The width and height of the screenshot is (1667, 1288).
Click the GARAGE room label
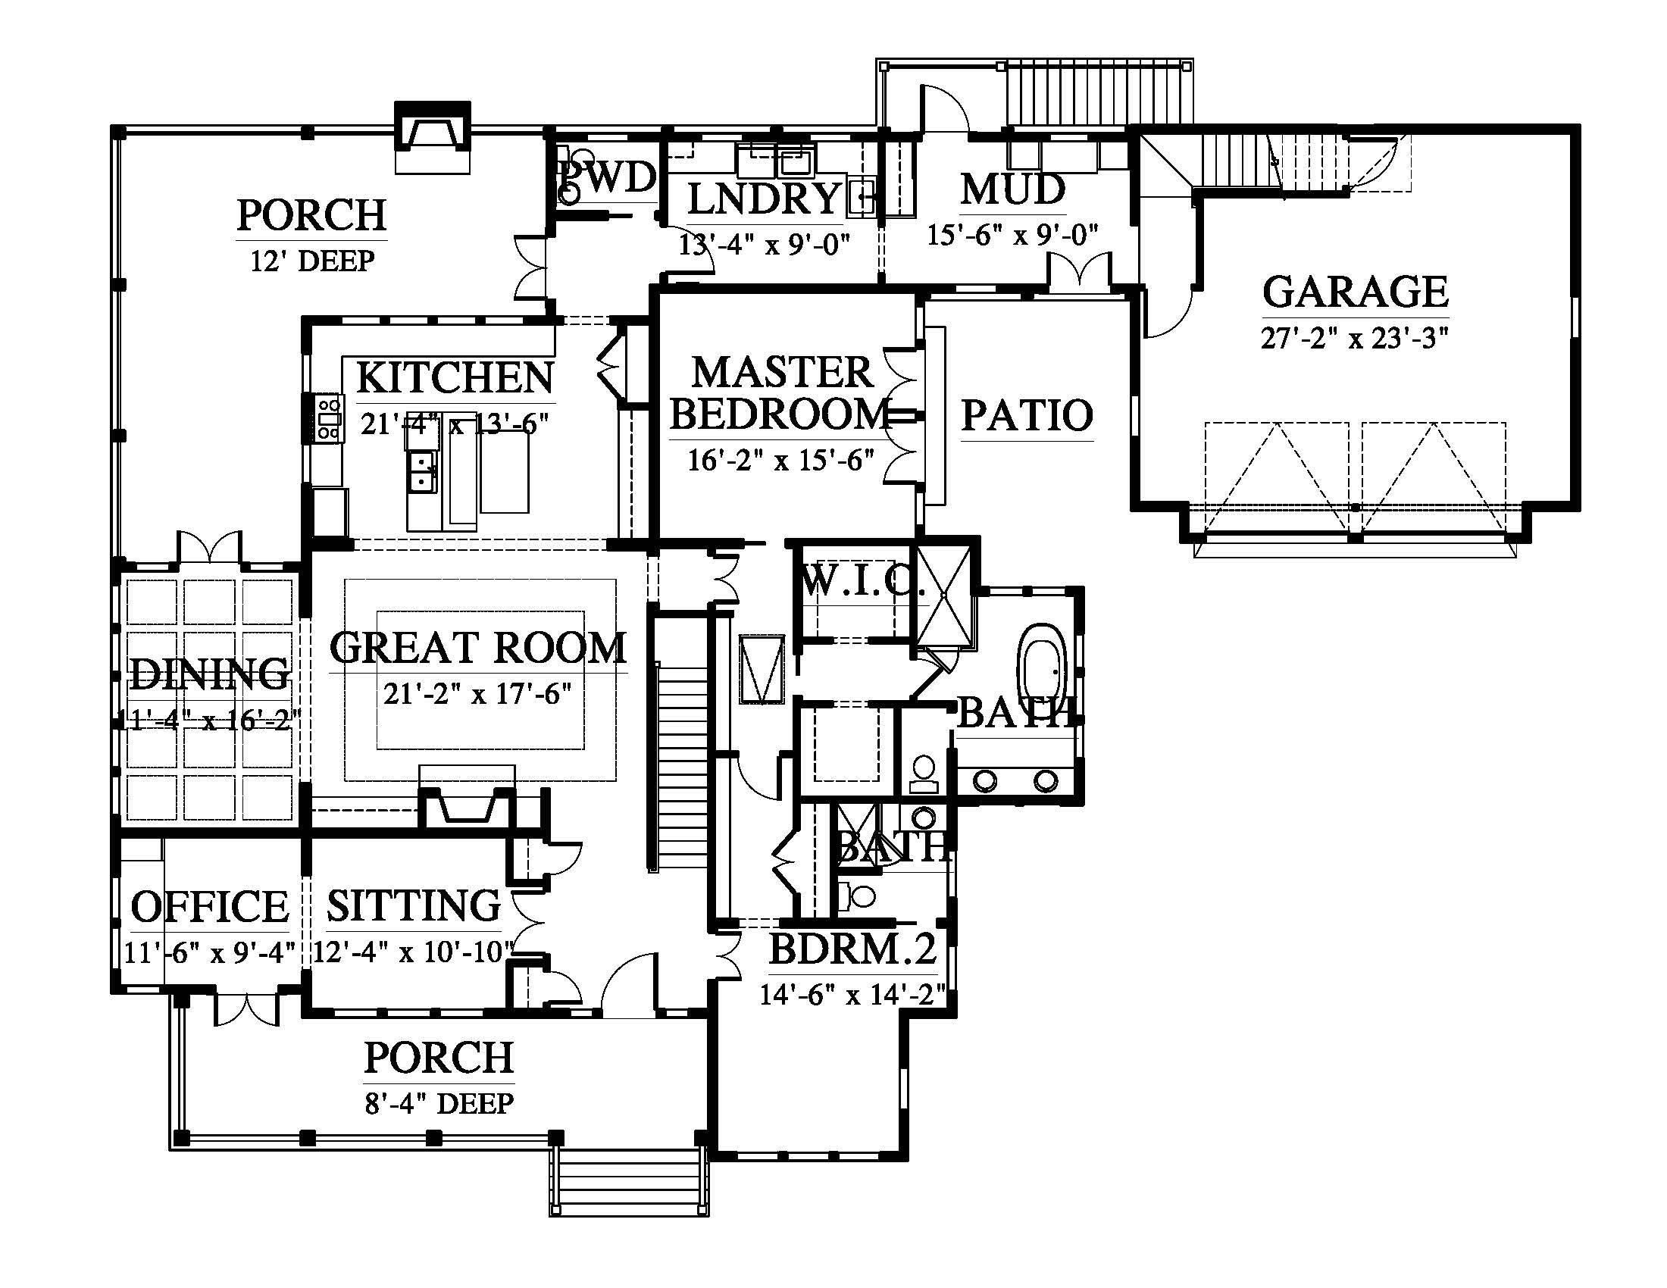click(1356, 291)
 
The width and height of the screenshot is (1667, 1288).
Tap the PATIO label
click(1027, 415)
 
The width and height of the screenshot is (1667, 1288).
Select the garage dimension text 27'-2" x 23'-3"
click(1355, 337)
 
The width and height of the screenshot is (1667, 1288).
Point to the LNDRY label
click(765, 198)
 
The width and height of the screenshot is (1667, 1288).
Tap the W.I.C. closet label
click(861, 584)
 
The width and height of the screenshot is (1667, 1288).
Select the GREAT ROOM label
click(479, 647)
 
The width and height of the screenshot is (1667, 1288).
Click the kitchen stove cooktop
click(329, 417)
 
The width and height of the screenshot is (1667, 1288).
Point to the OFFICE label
click(210, 906)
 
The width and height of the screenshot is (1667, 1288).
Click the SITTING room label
click(414, 905)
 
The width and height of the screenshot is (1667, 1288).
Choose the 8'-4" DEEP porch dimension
click(439, 1103)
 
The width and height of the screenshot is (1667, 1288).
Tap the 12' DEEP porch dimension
click(313, 261)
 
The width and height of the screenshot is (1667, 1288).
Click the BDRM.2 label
click(852, 949)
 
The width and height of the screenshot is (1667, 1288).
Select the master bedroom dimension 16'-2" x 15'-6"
click(780, 460)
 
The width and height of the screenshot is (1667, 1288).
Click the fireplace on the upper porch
click(432, 137)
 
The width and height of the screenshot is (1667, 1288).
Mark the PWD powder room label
click(608, 177)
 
